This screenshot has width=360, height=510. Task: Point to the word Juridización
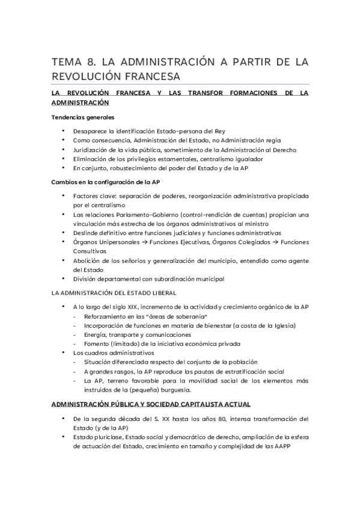coord(90,149)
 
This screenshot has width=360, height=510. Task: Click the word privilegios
coord(137,159)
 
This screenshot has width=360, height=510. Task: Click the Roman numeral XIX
coord(133,307)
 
